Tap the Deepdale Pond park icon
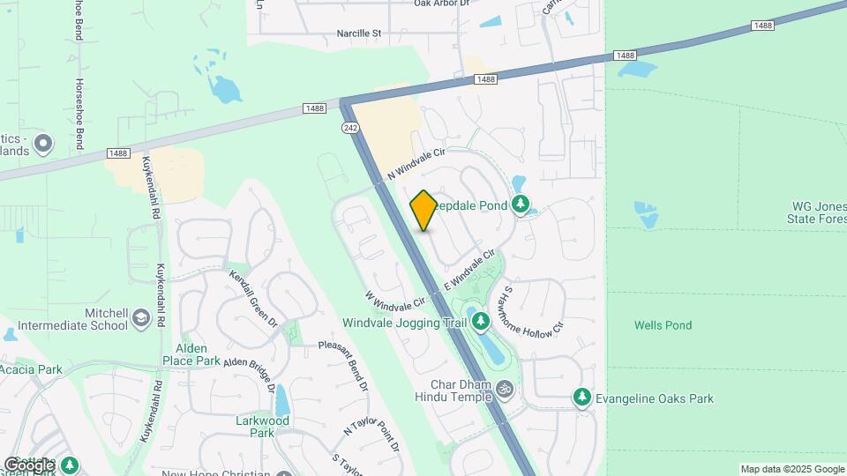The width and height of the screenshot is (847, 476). tap(521, 205)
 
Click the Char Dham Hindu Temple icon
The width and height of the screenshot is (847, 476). tap(506, 388)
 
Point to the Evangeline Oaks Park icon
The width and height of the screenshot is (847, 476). tap(581, 398)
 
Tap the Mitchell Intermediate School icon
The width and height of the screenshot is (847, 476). tap(140, 317)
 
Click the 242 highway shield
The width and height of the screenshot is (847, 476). tap(349, 129)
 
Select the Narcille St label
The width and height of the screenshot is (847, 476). tap(358, 33)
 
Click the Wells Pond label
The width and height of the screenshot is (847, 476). tap(663, 325)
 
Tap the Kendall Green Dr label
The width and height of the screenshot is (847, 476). tap(254, 300)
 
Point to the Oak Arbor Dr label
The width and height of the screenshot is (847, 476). tap(446, 4)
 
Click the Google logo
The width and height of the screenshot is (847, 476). tap(28, 465)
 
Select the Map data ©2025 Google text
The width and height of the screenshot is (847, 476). tap(792, 469)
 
